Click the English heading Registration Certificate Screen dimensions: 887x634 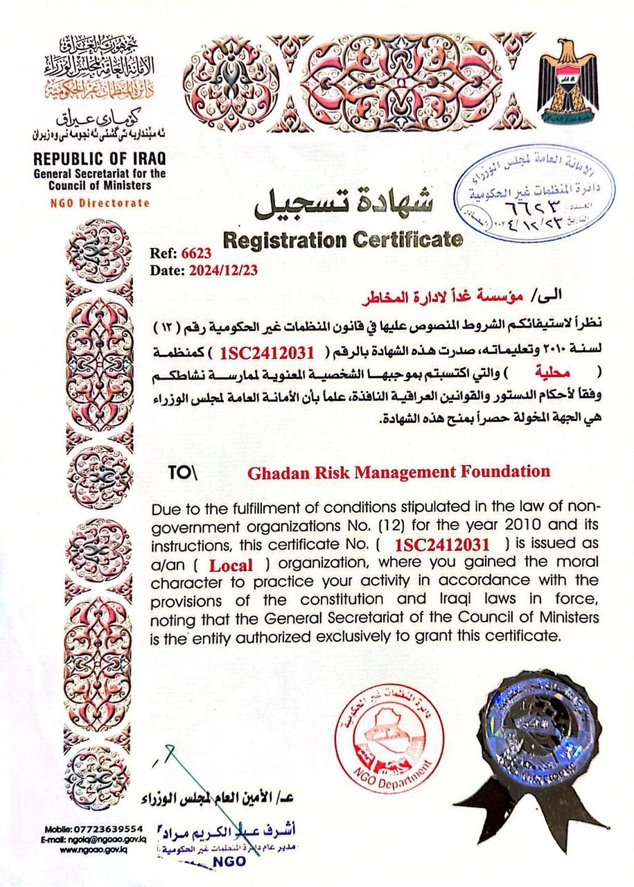[x=342, y=240]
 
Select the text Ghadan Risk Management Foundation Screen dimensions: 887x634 [x=398, y=473]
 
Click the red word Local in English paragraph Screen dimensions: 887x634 [x=231, y=565]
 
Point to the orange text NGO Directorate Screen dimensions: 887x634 [x=100, y=203]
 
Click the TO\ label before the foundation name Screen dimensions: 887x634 [x=183, y=473]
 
